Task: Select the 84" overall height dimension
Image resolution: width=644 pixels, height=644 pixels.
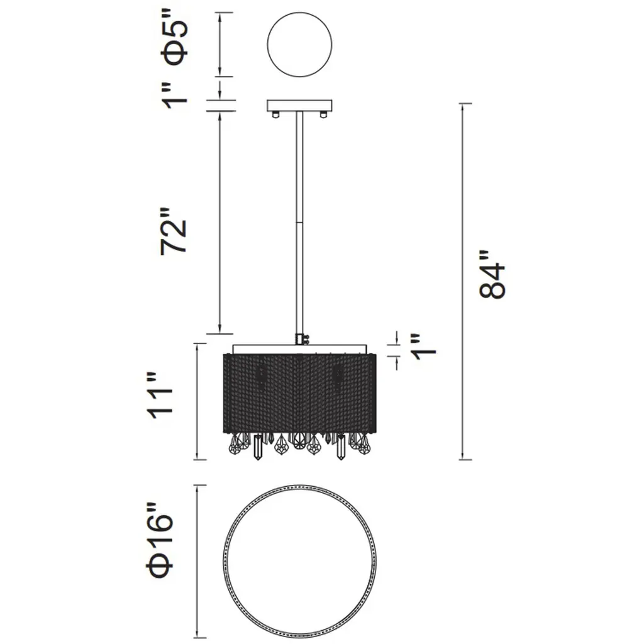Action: click(492, 274)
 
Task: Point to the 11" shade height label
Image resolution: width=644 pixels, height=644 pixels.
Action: click(160, 396)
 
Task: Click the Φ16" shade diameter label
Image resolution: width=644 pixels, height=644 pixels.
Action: click(159, 539)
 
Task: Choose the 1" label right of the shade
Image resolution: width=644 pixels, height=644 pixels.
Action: click(423, 347)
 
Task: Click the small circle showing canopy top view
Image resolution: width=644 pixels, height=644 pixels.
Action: click(299, 45)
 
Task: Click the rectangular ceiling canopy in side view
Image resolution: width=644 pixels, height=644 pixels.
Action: click(299, 106)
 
